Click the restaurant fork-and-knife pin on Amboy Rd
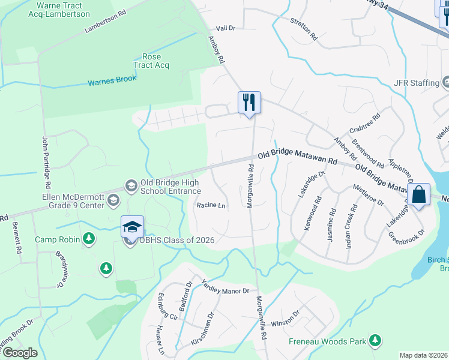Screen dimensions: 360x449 (x=249, y=102)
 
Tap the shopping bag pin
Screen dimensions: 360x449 (x=420, y=194)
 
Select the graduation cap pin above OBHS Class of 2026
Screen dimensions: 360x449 (x=132, y=227)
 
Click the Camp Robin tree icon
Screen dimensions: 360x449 (x=89, y=239)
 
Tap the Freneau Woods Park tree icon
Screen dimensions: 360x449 (x=375, y=341)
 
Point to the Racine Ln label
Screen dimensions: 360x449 (x=211, y=205)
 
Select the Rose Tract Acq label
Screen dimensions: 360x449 (x=152, y=61)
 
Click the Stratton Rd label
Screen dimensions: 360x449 (x=303, y=28)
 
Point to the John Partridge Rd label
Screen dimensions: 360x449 (x=46, y=158)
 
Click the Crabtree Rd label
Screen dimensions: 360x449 (x=365, y=124)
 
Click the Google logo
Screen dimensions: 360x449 (x=20, y=353)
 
